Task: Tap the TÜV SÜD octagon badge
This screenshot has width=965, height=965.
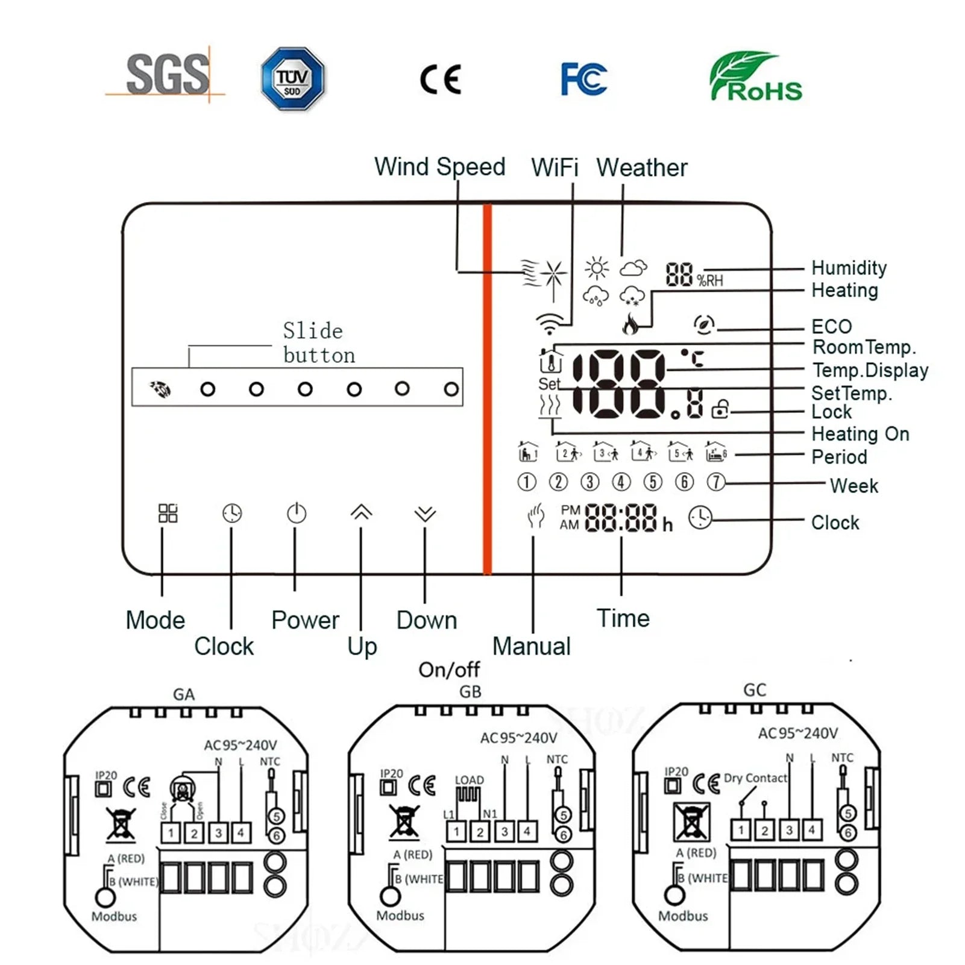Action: tap(292, 79)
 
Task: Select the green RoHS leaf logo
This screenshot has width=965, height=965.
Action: tap(756, 77)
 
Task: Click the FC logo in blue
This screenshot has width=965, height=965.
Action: tap(583, 79)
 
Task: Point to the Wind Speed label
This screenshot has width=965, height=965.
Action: tap(439, 167)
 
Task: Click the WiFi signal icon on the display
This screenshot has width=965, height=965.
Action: tap(549, 324)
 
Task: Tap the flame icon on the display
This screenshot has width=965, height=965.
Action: tap(630, 324)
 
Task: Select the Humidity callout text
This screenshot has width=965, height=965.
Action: tap(849, 268)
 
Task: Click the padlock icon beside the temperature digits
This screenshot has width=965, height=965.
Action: tap(720, 409)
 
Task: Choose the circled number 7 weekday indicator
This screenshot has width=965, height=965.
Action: tap(715, 482)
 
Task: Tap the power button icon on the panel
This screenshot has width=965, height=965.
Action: tap(296, 514)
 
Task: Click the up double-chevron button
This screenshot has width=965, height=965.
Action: tap(361, 512)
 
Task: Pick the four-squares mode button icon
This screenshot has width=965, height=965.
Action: tap(168, 514)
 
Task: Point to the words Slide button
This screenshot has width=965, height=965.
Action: tap(319, 343)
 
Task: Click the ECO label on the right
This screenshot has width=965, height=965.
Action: tap(831, 327)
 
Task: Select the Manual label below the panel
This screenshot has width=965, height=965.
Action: tap(531, 646)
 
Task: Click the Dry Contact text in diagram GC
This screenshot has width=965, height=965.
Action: tap(755, 778)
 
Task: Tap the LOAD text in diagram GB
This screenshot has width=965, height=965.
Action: tap(469, 780)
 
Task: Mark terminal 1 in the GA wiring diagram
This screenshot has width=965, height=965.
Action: tap(171, 834)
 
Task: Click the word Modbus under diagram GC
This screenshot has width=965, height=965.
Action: tap(683, 916)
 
